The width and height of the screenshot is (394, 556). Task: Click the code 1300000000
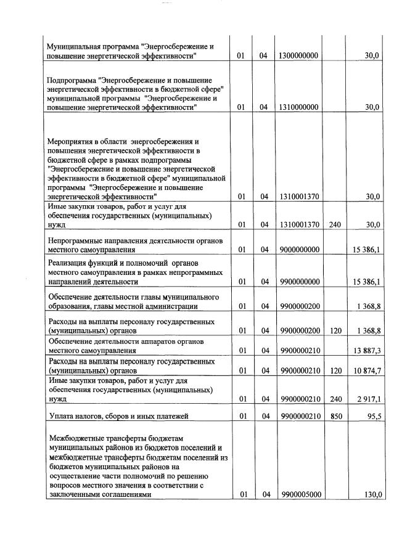298,56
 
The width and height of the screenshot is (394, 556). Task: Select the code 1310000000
298,107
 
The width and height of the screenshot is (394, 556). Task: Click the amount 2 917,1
368,399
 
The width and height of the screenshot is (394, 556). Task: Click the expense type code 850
335,417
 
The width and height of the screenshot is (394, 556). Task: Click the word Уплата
62,417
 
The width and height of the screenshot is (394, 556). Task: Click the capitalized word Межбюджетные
76,438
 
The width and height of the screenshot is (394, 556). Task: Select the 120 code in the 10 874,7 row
335,370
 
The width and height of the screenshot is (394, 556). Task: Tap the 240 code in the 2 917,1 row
335,399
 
